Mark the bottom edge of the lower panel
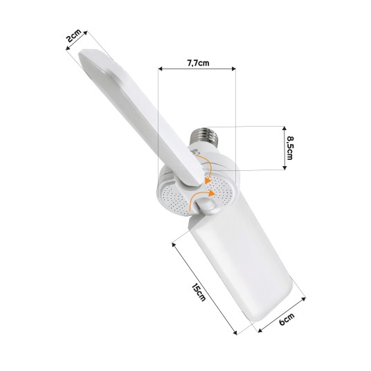277,305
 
